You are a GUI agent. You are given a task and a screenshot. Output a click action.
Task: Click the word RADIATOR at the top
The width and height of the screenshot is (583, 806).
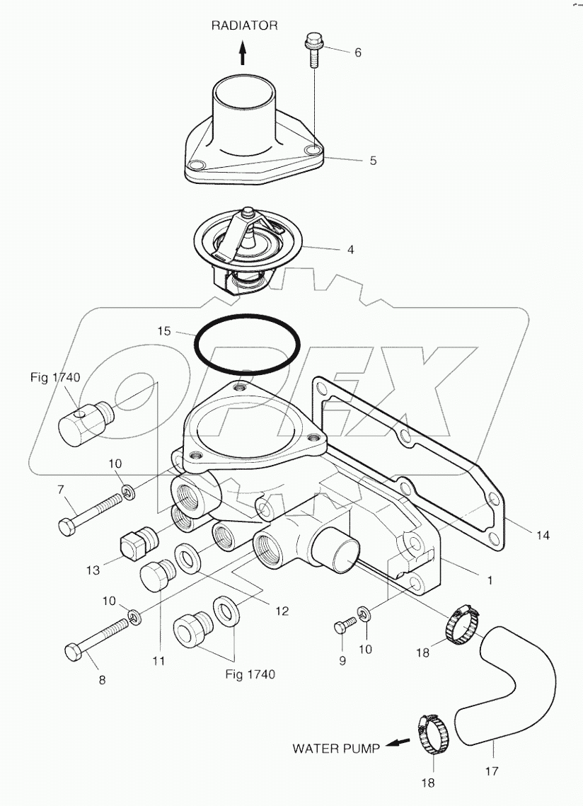point(244,25)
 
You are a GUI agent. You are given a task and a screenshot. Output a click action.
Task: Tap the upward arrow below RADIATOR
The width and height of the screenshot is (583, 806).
point(242,54)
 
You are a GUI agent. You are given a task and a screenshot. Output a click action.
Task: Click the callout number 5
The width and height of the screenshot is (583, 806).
point(372,160)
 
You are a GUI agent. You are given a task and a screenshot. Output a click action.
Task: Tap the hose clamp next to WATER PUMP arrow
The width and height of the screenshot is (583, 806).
point(431,736)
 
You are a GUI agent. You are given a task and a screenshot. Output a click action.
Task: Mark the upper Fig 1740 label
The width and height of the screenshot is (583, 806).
point(60,379)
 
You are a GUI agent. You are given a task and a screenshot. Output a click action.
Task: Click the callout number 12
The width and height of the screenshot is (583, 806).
point(282,611)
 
